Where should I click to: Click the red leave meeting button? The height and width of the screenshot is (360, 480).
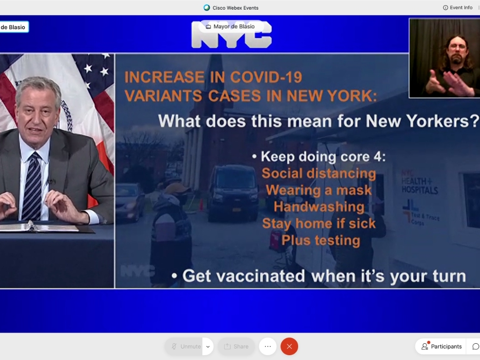pyautogui.click(x=289, y=346)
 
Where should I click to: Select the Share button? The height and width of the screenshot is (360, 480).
pyautogui.click(x=236, y=346)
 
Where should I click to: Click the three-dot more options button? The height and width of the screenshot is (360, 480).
pyautogui.click(x=267, y=346)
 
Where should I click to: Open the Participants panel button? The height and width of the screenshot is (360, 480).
pyautogui.click(x=441, y=346)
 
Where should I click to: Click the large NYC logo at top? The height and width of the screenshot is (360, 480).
pyautogui.click(x=231, y=35)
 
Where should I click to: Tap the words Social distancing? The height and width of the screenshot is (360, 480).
pyautogui.click(x=319, y=173)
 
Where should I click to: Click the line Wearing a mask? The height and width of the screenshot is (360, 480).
pyautogui.click(x=319, y=190)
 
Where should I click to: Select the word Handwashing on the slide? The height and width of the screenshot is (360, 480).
pyautogui.click(x=319, y=207)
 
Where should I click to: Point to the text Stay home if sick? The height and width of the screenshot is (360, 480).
pyautogui.click(x=319, y=224)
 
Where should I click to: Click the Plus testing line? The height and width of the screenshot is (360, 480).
pyautogui.click(x=321, y=240)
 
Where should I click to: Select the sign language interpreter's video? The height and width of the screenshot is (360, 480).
pyautogui.click(x=444, y=58)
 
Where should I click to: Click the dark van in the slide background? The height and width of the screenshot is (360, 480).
pyautogui.click(x=233, y=192)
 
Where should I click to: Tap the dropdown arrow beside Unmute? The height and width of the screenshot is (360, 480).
pyautogui.click(x=208, y=346)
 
